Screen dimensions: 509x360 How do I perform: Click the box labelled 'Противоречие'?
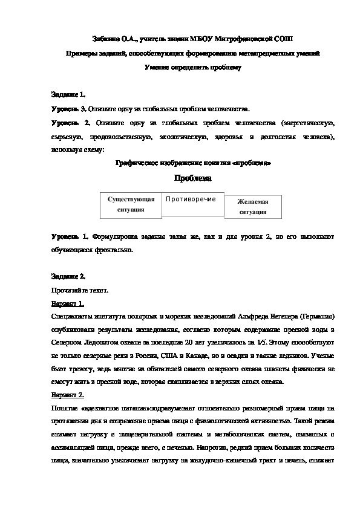(x=192, y=199)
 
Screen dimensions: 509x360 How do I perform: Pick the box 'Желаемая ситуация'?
(x=254, y=207)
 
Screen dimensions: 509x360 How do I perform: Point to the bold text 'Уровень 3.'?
(x=68, y=109)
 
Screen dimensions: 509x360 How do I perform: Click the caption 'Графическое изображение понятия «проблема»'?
(x=192, y=163)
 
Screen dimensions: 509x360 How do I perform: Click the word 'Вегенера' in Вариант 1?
(x=280, y=317)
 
